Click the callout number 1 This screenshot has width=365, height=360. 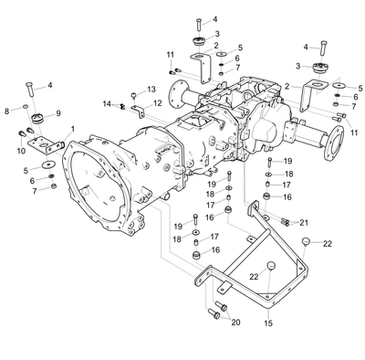(x=72, y=129)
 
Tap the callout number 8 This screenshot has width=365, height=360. (x=7, y=111)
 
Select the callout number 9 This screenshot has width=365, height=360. (x=57, y=113)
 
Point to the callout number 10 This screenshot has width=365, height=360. (x=21, y=151)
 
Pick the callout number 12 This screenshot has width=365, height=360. (x=158, y=103)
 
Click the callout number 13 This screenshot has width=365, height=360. (x=151, y=90)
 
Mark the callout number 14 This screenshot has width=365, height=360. (x=107, y=104)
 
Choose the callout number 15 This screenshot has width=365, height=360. (x=268, y=323)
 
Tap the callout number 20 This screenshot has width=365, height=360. (x=235, y=322)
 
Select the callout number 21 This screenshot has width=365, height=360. (x=304, y=223)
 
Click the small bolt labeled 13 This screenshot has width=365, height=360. (x=133, y=96)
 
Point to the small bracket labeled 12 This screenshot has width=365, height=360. (x=139, y=111)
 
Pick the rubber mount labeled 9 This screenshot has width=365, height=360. (x=38, y=118)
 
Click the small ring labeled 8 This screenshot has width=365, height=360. (x=26, y=106)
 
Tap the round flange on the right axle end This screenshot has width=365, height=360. (x=334, y=143)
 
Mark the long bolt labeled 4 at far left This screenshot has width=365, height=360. (x=29, y=90)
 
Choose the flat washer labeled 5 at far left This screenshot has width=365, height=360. (x=47, y=164)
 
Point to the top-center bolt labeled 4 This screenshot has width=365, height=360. (x=198, y=25)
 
